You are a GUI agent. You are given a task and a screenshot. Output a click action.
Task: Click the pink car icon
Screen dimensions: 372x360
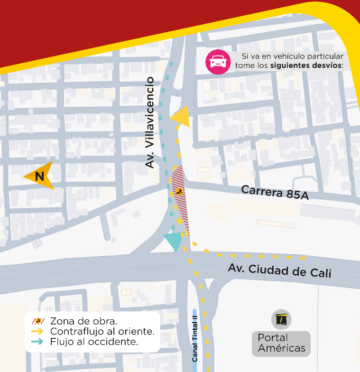point(218,62)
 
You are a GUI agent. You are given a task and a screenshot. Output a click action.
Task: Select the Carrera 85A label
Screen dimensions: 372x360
point(275,192)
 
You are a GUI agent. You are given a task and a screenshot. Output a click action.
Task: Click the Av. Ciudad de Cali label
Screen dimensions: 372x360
point(279,270)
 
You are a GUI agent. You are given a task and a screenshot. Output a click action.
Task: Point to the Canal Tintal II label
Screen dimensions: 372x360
point(195,335)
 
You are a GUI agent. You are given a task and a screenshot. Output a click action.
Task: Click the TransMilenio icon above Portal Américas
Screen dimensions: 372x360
point(281,319)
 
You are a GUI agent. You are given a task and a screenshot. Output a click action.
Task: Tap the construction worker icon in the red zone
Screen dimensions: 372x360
point(179,192)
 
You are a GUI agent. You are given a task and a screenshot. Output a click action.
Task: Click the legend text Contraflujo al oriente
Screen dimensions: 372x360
point(102,331)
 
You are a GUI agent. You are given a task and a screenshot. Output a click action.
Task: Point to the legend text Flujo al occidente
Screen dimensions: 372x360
point(94,341)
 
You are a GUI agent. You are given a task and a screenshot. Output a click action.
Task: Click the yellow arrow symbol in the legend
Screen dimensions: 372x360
point(37,331)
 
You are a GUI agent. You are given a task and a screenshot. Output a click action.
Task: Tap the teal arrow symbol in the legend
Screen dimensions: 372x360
point(37,341)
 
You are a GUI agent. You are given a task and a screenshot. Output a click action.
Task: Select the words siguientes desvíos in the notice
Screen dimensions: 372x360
point(306,65)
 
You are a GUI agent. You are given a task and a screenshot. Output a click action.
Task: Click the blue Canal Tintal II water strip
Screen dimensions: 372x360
point(194,323)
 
